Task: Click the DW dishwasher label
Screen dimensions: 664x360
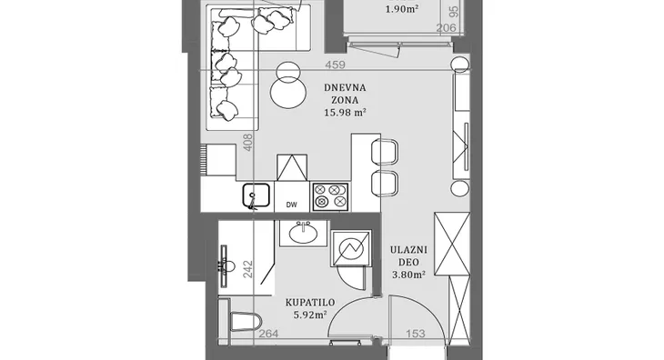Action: [291, 205]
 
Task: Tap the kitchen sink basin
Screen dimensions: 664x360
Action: [257, 195]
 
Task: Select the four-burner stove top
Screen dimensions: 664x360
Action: [330, 196]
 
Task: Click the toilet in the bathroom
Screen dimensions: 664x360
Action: [246, 322]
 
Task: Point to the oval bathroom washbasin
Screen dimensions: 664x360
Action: [303, 233]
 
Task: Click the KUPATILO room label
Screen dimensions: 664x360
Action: [310, 303]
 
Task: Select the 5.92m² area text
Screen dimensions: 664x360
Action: [310, 315]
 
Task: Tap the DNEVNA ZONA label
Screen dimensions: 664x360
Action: [345, 94]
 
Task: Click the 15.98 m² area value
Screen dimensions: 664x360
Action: [345, 113]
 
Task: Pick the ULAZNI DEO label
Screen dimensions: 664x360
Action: [408, 256]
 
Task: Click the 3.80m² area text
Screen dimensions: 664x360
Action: [408, 275]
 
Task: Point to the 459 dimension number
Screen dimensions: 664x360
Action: [336, 65]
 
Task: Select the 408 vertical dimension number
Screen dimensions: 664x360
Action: [248, 142]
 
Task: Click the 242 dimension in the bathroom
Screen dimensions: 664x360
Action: [248, 269]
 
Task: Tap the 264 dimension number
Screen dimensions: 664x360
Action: [268, 334]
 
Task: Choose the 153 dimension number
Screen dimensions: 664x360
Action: [416, 334]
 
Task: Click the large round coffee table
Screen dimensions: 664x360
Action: [288, 92]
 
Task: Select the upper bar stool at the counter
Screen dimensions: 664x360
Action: [384, 152]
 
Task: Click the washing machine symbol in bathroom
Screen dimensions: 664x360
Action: [350, 248]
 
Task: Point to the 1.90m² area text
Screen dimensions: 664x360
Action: [402, 9]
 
